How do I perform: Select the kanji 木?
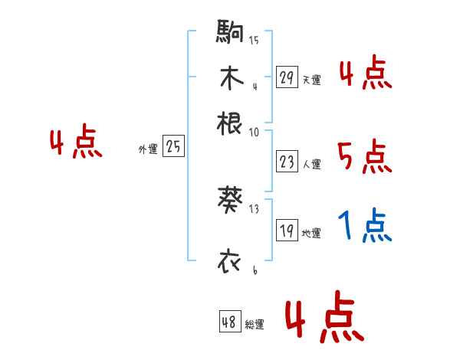pos(230,77)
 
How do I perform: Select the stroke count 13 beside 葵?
pos(254,209)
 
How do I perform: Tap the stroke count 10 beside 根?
pos(254,131)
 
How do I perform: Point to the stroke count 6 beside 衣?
pos(254,270)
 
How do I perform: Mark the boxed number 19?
pos(287,231)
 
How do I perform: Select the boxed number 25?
pos(173,147)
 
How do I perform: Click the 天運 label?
pos(311,79)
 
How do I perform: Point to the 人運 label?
pos(311,163)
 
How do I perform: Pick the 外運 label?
pos(148,149)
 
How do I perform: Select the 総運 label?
pos(255,324)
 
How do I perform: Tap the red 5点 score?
pos(365,158)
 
